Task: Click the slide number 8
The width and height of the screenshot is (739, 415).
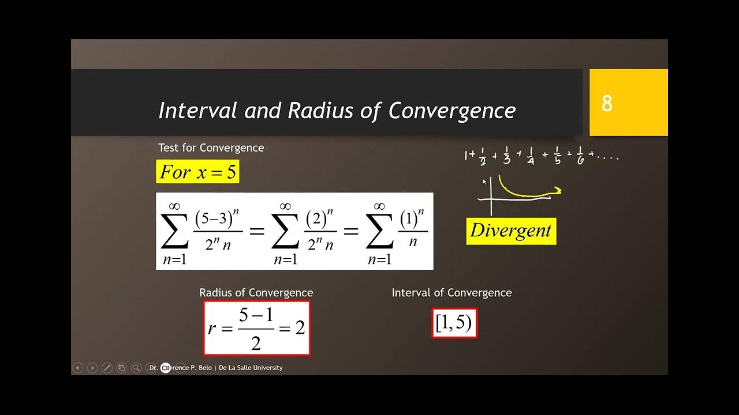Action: [x=607, y=104]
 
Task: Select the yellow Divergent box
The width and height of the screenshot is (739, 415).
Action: [x=511, y=231]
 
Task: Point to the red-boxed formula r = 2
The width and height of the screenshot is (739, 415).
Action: [x=256, y=328]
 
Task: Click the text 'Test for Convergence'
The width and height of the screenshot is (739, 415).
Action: [x=211, y=148]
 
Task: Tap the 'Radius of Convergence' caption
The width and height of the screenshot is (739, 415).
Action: [x=256, y=293]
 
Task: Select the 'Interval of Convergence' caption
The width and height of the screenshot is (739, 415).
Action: [x=451, y=293]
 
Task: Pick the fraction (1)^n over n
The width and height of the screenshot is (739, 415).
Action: [x=412, y=231]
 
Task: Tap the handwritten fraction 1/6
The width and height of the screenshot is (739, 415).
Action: [x=580, y=157]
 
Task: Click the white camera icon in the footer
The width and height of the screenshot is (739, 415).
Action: [x=166, y=368]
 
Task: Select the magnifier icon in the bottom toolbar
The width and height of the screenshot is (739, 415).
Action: [x=136, y=368]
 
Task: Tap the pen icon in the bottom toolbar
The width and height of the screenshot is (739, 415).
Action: [x=107, y=368]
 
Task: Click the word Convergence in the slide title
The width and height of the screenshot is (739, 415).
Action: [x=452, y=111]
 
